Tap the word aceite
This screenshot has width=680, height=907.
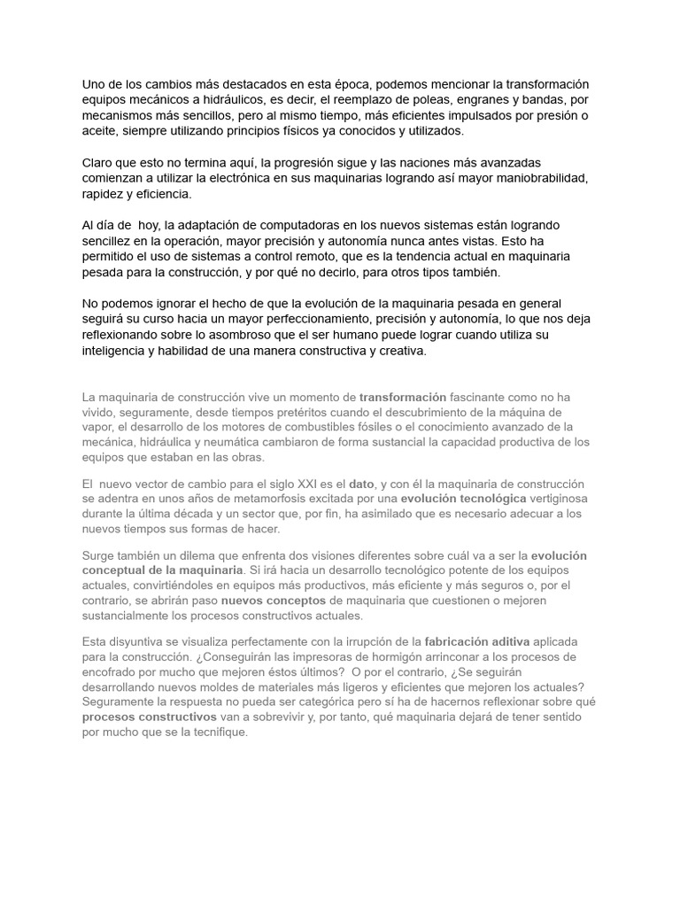tap(100, 131)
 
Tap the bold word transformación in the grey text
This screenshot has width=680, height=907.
tap(403, 397)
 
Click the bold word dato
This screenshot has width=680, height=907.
tap(361, 484)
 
